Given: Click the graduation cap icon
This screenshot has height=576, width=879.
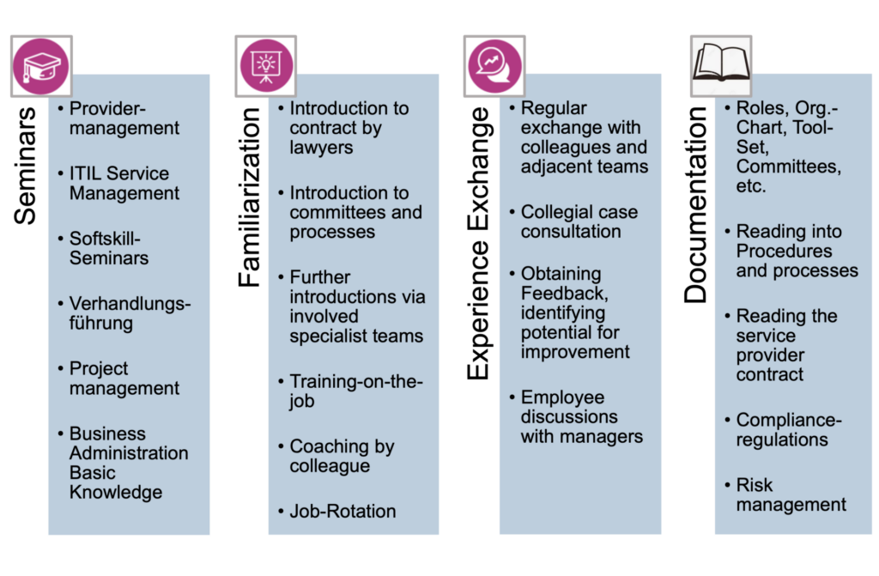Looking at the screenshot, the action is (41, 66).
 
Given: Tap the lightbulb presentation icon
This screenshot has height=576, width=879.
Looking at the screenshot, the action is (266, 66).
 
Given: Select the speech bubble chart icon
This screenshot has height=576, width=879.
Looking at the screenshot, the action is (494, 66).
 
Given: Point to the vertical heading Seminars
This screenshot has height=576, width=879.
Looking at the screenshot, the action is (25, 166).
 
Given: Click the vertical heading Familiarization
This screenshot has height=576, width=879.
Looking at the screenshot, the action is (250, 197).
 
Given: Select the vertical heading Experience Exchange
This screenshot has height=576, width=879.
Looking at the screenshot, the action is (478, 244).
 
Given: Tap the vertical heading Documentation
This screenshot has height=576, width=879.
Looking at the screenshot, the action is (695, 205).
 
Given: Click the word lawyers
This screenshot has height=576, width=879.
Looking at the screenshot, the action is (321, 148).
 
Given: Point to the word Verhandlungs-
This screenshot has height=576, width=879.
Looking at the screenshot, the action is (130, 304).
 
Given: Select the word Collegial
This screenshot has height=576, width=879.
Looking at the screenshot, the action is (555, 212).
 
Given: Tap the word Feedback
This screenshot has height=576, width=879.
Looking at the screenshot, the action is (564, 293).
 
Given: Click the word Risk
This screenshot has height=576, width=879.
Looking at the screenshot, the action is (754, 485).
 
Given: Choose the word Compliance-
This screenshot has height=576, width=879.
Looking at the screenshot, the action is (789, 420).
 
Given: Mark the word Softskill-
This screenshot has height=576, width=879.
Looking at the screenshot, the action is (105, 239).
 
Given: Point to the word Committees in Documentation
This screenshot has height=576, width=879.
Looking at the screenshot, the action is (788, 167).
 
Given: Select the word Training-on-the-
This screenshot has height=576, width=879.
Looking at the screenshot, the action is (356, 381).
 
